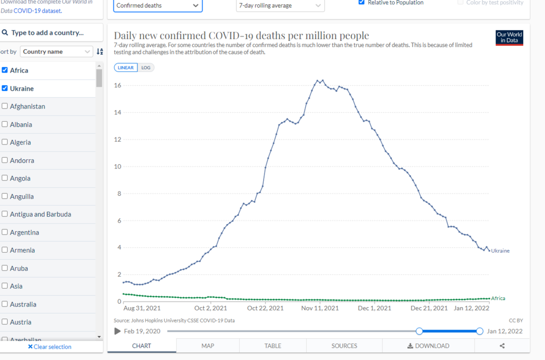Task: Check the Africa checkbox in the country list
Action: point(5,70)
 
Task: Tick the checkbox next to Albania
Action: point(5,124)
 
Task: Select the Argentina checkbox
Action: point(5,232)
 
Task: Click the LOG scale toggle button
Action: point(146,68)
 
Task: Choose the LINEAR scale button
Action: point(126,68)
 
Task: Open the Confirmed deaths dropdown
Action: point(158,5)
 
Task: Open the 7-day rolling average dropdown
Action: point(280,5)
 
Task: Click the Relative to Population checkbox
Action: point(361,2)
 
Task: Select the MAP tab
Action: point(208,346)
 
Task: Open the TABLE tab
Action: point(272,346)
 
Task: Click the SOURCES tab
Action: point(344,346)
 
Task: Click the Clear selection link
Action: point(50,347)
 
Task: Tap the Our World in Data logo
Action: point(510,38)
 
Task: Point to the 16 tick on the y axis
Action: point(117,86)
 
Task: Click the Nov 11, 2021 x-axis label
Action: point(320,308)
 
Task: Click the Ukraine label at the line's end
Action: point(500,251)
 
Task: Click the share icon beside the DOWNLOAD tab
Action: point(502,346)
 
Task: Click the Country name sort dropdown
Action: point(57,52)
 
